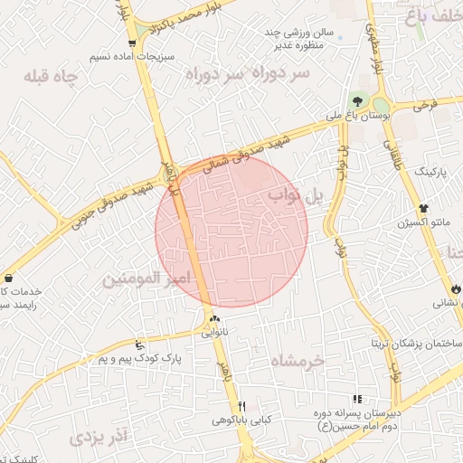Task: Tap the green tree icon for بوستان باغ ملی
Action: tap(358, 102)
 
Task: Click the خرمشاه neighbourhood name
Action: tap(303, 359)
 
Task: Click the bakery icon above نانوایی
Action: tap(214, 318)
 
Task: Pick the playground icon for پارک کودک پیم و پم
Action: tap(137, 345)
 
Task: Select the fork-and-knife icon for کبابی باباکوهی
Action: tap(241, 405)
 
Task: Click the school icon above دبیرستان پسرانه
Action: tap(357, 398)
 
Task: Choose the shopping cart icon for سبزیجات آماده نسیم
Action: tap(133, 43)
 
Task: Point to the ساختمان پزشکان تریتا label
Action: tap(417, 345)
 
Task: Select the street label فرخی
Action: tap(425, 106)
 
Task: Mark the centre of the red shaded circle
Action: tap(231, 231)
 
